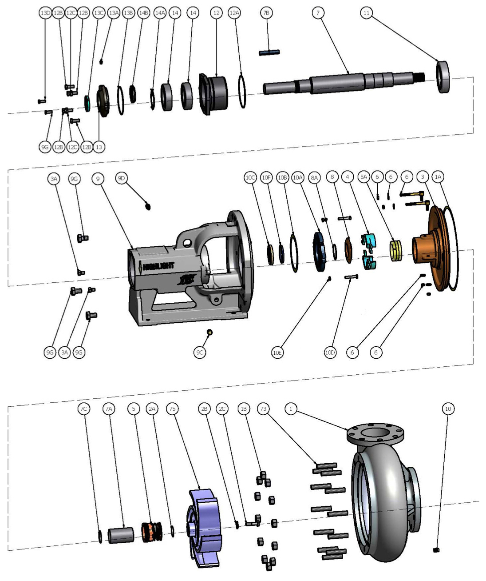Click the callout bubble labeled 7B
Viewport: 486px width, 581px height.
click(x=266, y=13)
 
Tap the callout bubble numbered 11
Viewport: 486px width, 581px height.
click(x=366, y=13)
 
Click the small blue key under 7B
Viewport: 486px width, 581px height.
click(x=269, y=52)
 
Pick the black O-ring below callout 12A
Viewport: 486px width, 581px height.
click(x=242, y=91)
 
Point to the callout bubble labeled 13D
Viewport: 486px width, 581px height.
click(x=45, y=13)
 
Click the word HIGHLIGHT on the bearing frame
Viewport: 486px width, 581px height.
click(x=158, y=266)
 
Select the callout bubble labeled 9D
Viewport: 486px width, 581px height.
click(x=121, y=178)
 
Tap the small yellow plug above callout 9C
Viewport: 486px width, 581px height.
click(x=210, y=332)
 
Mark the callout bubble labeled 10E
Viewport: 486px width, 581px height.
click(x=277, y=353)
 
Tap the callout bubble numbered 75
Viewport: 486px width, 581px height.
click(x=172, y=409)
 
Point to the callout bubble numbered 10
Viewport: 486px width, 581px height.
click(x=448, y=409)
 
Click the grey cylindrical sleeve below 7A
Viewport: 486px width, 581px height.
click(x=121, y=535)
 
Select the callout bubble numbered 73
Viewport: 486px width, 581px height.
click(x=264, y=409)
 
